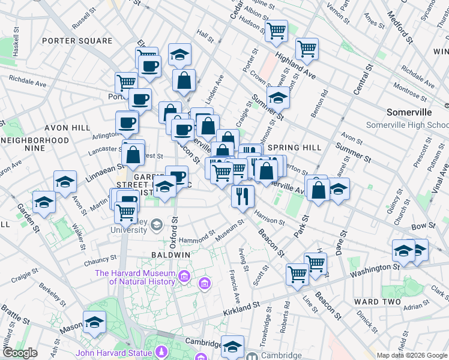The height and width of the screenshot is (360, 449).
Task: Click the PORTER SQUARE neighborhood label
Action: click(77, 41)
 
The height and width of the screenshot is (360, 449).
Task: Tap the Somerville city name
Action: click(409, 112)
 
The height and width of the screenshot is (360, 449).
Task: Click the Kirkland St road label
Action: click(242, 309)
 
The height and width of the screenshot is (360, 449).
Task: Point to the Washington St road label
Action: click(375, 271)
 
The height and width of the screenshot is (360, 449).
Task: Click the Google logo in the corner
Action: click(20, 353)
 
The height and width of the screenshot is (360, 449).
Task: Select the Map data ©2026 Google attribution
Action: click(411, 355)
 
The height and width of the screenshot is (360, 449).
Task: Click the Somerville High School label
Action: click(407, 125)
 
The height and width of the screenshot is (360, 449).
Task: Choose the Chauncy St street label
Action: click(100, 260)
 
